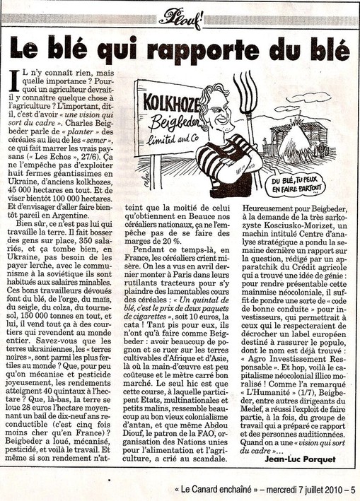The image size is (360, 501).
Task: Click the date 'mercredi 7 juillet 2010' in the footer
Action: (293, 488)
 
